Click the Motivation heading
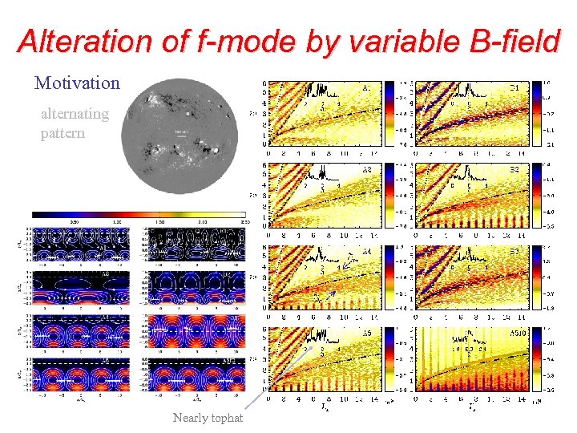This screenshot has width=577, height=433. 77,83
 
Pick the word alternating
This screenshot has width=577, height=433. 75,114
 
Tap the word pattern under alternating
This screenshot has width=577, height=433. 63,133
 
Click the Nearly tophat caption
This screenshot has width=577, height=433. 208,418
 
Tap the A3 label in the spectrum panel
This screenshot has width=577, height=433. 367,169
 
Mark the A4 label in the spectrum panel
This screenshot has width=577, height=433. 367,252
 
